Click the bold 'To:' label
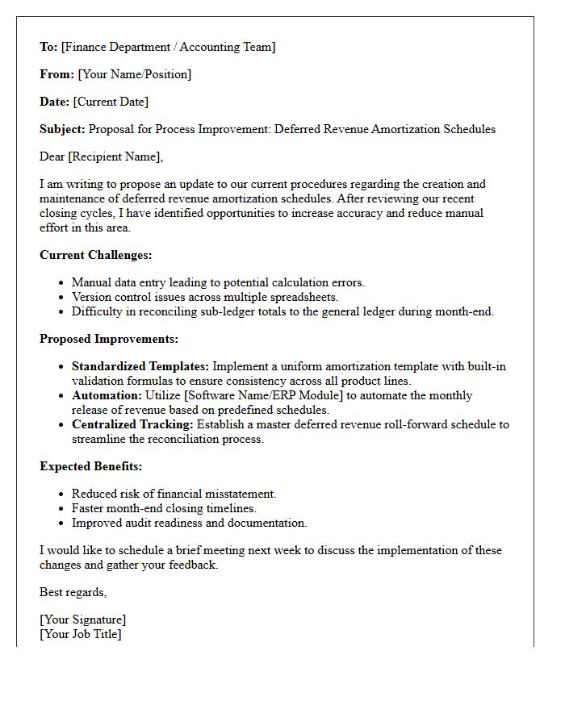pyautogui.click(x=48, y=47)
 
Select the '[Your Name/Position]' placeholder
pyautogui.click(x=134, y=74)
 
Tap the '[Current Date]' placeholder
pyautogui.click(x=111, y=102)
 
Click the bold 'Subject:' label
pyautogui.click(x=62, y=129)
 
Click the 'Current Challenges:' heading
pyautogui.click(x=95, y=255)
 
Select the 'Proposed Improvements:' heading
pyautogui.click(x=109, y=339)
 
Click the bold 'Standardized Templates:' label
pyautogui.click(x=140, y=366)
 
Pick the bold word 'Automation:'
pyautogui.click(x=107, y=395)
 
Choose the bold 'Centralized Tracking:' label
pyautogui.click(x=133, y=424)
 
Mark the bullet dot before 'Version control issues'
pyautogui.click(x=61, y=298)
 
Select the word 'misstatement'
pyautogui.click(x=240, y=494)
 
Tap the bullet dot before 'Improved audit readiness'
pyautogui.click(x=61, y=524)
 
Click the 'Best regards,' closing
pyautogui.click(x=73, y=592)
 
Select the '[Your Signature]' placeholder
pyautogui.click(x=82, y=620)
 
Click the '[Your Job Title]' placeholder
pyautogui.click(x=81, y=634)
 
